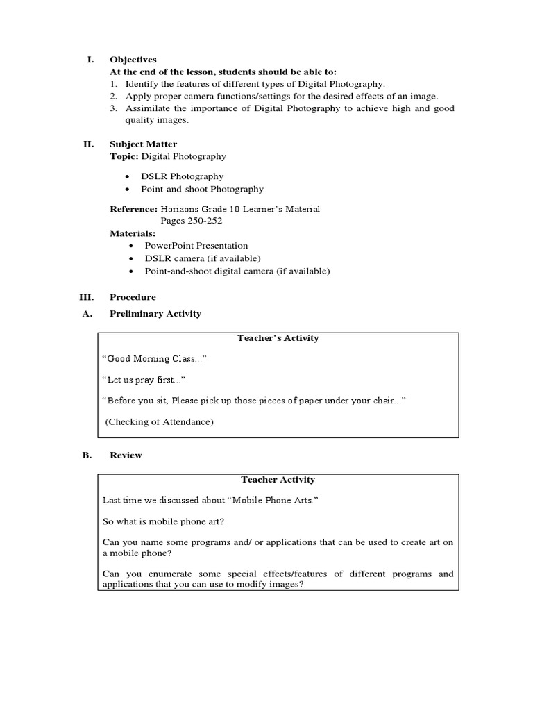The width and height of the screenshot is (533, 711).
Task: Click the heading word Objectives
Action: [133, 60]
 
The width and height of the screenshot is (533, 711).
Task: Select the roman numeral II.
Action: [88, 144]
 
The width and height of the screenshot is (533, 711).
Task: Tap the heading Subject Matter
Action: [143, 144]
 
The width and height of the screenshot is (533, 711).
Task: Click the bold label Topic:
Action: [124, 156]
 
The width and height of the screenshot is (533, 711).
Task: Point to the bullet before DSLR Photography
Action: [129, 177]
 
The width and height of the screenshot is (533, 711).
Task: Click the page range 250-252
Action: [202, 221]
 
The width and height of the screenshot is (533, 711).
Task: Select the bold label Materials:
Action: [133, 233]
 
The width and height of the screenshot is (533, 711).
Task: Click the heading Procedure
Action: [133, 297]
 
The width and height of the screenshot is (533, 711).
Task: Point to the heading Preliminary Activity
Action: [155, 314]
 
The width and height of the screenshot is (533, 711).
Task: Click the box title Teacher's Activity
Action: [278, 338]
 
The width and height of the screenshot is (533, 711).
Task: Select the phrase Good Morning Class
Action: [154, 359]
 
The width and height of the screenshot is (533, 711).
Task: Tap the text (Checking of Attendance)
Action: [160, 421]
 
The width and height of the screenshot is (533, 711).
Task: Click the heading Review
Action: [126, 455]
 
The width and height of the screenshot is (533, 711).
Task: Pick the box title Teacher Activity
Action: [278, 480]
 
